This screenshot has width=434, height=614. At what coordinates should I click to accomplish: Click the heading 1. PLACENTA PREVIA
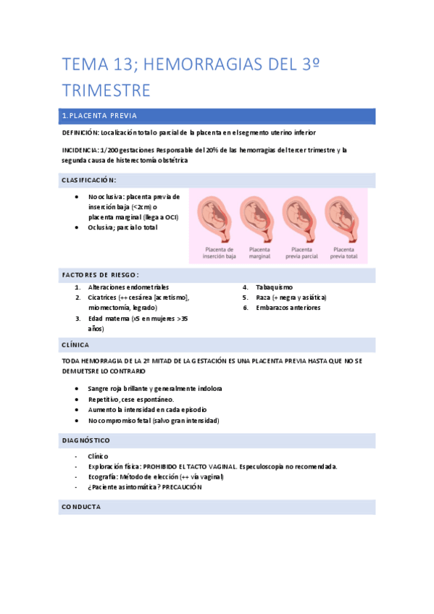click(99, 116)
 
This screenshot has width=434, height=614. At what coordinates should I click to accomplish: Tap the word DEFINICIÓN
click(79, 133)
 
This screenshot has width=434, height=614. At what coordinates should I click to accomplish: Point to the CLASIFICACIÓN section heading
click(88, 180)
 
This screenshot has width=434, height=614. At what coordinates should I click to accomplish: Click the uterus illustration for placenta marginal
click(259, 218)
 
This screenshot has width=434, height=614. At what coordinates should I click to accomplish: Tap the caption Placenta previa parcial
click(301, 252)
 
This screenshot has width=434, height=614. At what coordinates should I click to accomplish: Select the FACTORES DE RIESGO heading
click(100, 274)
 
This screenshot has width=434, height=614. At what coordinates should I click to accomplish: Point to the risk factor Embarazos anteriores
click(288, 308)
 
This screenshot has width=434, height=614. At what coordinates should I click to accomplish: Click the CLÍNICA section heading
click(75, 345)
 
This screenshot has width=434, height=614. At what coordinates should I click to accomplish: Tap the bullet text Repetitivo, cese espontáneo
click(130, 399)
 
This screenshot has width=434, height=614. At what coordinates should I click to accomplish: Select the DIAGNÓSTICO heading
click(85, 440)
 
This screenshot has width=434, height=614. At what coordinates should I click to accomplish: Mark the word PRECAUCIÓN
click(182, 487)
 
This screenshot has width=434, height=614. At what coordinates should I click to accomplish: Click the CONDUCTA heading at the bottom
click(81, 507)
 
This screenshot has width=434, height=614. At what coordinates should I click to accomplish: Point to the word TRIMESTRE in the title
click(107, 91)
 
